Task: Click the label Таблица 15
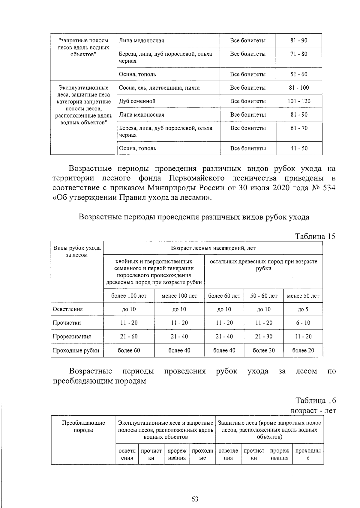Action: pos(315,236)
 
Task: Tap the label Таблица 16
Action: pos(315,400)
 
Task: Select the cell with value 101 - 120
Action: pos(299,101)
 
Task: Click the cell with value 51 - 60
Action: pos(299,74)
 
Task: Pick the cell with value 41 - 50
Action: pos(299,148)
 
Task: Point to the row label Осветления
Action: pos(67,309)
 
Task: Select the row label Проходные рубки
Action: pos(76,350)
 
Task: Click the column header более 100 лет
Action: pos(129,296)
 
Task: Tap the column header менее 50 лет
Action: pos(303,296)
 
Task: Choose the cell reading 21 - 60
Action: pos(129,337)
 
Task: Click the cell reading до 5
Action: pos(303,309)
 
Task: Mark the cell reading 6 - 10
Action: pos(303,323)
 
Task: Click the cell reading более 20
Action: pos(303,350)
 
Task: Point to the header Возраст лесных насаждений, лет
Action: pos(213,248)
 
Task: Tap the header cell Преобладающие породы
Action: pos(83,426)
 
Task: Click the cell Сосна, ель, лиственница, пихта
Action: pos(159,88)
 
